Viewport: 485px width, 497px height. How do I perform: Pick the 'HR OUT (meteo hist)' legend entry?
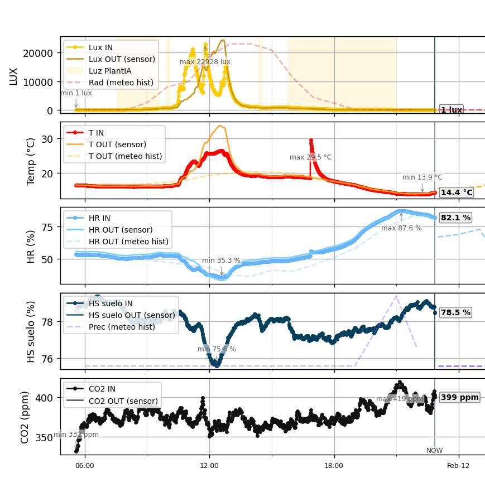(128, 242)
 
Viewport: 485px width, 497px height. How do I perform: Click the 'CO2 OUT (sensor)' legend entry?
(123, 401)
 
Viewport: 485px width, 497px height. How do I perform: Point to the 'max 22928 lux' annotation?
(205, 62)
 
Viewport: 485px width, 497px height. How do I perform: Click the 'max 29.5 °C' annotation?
(310, 157)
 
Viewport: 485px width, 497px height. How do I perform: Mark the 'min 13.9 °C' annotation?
(422, 177)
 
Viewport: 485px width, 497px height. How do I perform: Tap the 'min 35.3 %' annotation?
(221, 260)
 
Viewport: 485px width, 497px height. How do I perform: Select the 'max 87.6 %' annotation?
(401, 228)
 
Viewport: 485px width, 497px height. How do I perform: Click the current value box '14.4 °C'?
(456, 192)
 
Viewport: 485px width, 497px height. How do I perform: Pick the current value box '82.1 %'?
(455, 218)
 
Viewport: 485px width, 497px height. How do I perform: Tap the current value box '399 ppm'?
(459, 398)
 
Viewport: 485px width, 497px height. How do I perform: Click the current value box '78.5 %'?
(455, 312)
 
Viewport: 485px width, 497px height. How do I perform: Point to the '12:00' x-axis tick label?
(209, 466)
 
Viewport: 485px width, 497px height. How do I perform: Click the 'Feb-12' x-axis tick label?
(458, 466)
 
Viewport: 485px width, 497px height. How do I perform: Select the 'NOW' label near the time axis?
(434, 451)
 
